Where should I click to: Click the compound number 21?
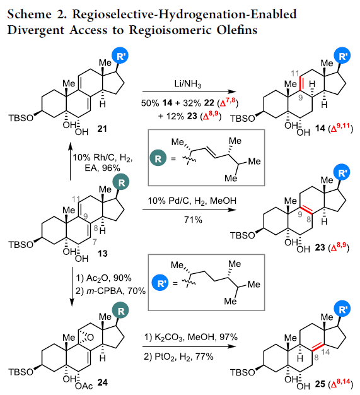click(x=102, y=129)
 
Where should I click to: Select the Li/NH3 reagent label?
click(x=188, y=84)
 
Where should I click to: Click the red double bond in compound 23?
click(x=306, y=210)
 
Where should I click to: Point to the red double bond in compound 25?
click(x=318, y=346)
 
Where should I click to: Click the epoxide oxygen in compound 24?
click(x=90, y=338)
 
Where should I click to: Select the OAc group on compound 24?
click(x=84, y=386)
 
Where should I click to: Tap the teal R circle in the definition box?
click(x=158, y=158)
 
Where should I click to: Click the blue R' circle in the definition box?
click(x=160, y=283)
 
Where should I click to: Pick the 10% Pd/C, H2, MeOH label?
click(x=192, y=201)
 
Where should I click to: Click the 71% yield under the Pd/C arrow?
click(x=193, y=220)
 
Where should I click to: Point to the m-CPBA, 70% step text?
click(x=110, y=291)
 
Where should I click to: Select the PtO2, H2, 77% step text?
click(x=179, y=357)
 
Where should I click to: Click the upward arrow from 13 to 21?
click(x=71, y=162)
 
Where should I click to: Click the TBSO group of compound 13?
click(x=21, y=245)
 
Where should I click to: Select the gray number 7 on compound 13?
click(x=95, y=242)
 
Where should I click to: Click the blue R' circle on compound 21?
click(x=120, y=56)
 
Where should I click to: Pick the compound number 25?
click(x=320, y=384)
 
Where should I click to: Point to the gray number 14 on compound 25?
click(x=325, y=351)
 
